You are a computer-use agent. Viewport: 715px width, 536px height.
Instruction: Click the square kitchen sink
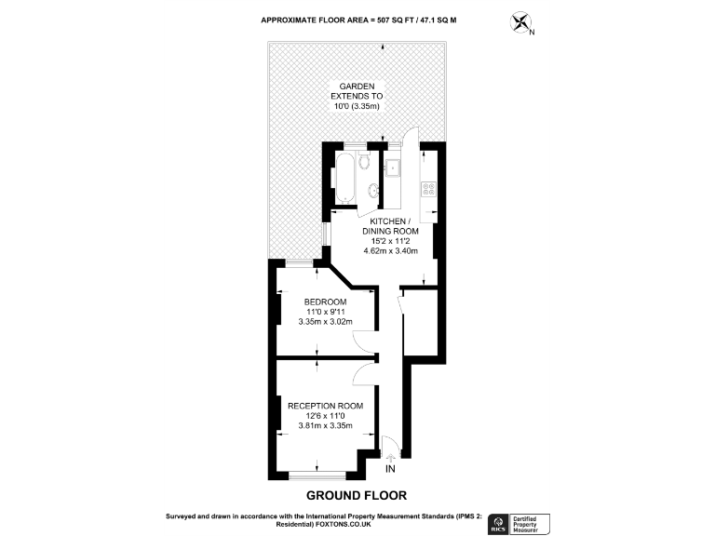click(395, 168)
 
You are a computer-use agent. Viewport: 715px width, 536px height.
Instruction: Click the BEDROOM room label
click(325, 302)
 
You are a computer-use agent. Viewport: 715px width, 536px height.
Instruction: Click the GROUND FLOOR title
click(357, 495)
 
